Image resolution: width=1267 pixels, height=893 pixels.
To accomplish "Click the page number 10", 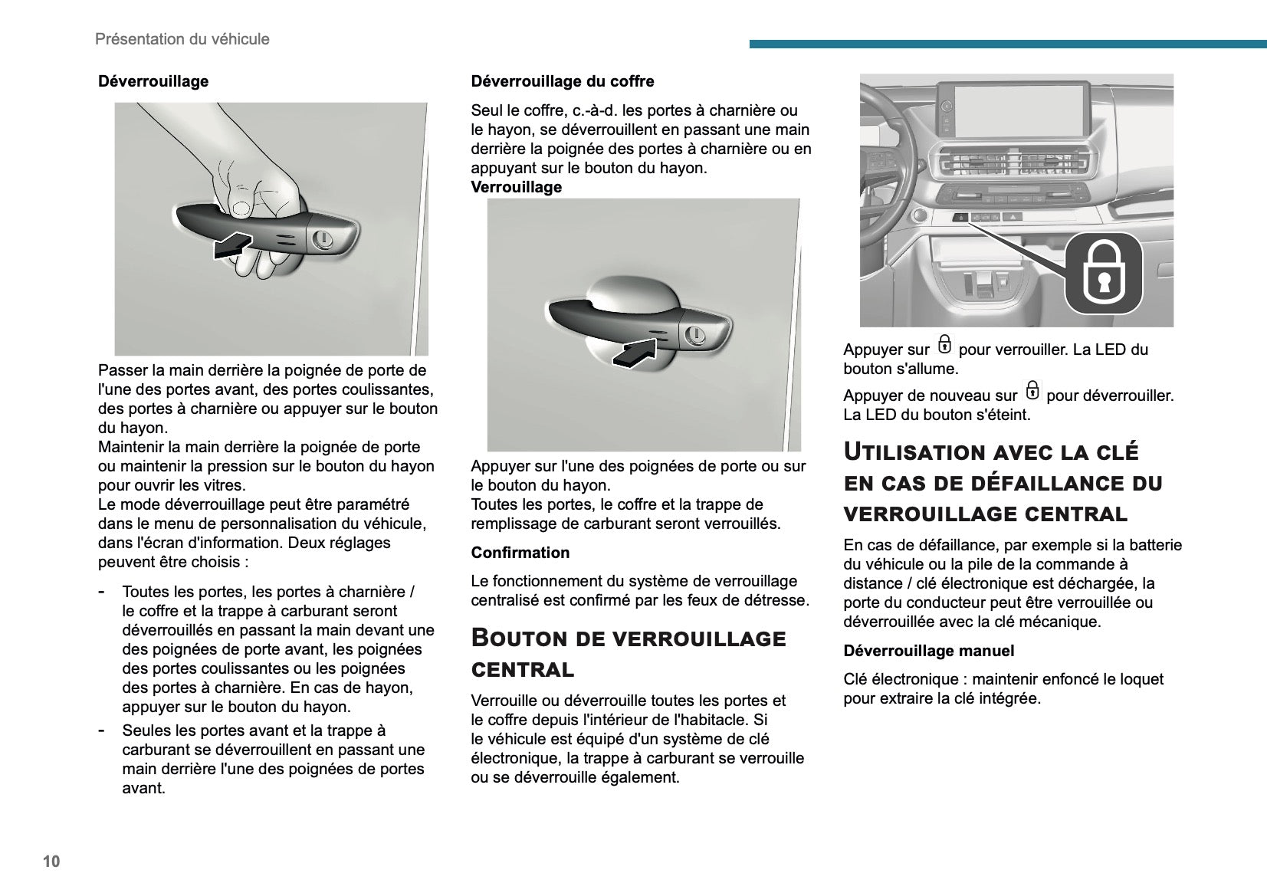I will [51, 861].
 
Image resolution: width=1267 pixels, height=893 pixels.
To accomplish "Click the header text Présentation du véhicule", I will [182, 39].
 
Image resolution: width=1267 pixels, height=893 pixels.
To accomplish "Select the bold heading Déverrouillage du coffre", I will [562, 81].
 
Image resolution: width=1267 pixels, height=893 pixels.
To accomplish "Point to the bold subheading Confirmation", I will [520, 553].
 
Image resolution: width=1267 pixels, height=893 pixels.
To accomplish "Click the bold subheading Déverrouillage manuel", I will [928, 651].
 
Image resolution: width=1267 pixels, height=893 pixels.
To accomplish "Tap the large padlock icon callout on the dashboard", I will [1103, 272].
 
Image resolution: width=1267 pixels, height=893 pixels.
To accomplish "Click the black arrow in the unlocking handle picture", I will [231, 245].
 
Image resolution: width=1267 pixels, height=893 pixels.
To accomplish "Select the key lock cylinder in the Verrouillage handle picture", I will [696, 334].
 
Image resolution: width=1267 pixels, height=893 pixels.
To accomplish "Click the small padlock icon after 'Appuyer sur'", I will [944, 345].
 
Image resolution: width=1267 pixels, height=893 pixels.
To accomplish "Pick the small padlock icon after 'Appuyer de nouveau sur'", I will [1032, 391].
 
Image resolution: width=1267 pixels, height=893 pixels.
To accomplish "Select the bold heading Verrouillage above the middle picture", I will [516, 187].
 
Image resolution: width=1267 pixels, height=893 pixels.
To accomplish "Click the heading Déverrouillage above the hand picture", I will [153, 81].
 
